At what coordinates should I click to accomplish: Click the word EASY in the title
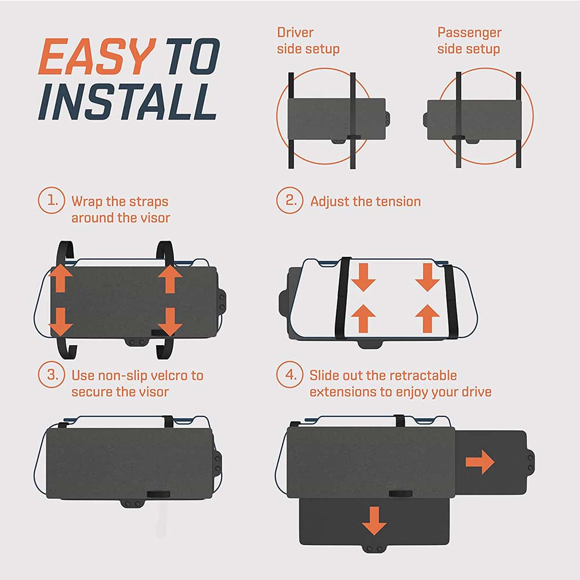coord(97,57)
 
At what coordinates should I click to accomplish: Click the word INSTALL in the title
coord(128,101)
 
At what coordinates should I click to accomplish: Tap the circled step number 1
coord(52,200)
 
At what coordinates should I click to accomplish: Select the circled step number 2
coord(289,200)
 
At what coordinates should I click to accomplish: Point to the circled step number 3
coord(52,374)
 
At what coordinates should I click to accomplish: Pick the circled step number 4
coord(289,374)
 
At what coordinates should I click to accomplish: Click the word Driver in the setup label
coord(295,32)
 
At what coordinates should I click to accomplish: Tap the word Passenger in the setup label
coord(469,33)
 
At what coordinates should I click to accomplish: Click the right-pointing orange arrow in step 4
coord(480,462)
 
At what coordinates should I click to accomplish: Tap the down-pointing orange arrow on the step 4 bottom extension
coord(374,521)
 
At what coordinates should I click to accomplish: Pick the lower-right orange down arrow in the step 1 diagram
coord(169,322)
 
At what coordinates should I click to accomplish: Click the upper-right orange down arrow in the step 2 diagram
coord(427,277)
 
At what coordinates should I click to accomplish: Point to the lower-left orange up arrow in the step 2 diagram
coord(363,318)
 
